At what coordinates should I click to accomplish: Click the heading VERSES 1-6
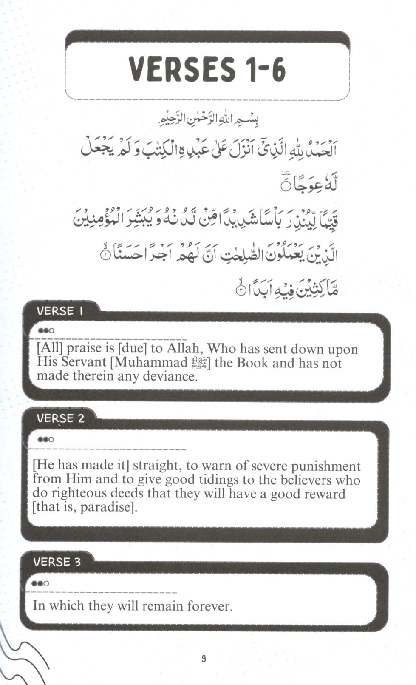pos(207,69)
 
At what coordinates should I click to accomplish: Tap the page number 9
pos(204,658)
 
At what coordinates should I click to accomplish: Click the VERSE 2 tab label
pos(60,418)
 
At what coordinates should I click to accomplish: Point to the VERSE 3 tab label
pos(57,562)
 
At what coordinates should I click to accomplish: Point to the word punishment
pos(325,466)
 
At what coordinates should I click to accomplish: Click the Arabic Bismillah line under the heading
pos(208,119)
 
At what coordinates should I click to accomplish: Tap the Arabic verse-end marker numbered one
pos(286,186)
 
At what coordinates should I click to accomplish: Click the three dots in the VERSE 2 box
pos(45,439)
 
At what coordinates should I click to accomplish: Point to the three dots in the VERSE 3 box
pos(40,583)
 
